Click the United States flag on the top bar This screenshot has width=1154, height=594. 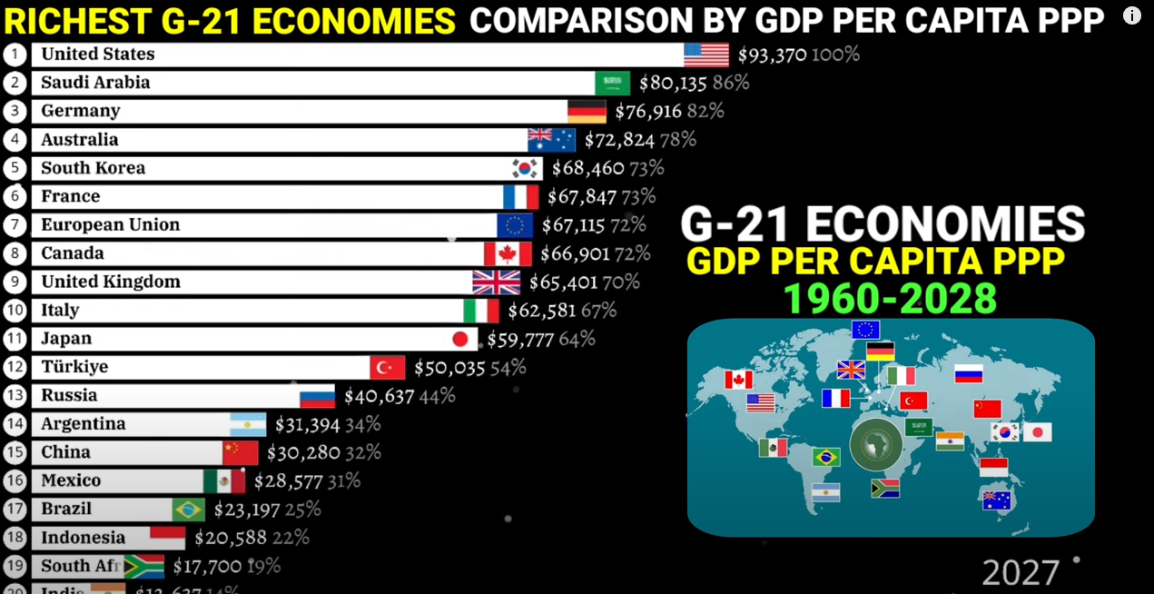(x=705, y=54)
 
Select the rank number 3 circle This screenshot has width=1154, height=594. (x=15, y=112)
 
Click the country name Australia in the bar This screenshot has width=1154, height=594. (x=80, y=140)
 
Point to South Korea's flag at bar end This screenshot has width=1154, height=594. (x=526, y=168)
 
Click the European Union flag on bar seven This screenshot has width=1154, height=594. (x=515, y=225)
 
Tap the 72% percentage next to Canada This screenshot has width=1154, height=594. (x=632, y=253)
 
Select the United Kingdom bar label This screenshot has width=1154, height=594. (x=111, y=282)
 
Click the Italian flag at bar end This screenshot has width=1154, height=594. (x=480, y=311)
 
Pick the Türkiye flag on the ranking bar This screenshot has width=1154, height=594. (x=387, y=367)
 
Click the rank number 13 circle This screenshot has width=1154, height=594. (x=15, y=395)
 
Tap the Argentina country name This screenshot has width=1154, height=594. (x=84, y=424)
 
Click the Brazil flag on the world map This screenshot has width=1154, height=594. (x=826, y=456)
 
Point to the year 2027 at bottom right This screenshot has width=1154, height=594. (x=1021, y=573)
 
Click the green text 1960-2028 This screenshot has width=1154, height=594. (x=889, y=299)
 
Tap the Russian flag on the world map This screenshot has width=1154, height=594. (x=968, y=373)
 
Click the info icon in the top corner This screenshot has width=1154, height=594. (x=1131, y=15)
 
